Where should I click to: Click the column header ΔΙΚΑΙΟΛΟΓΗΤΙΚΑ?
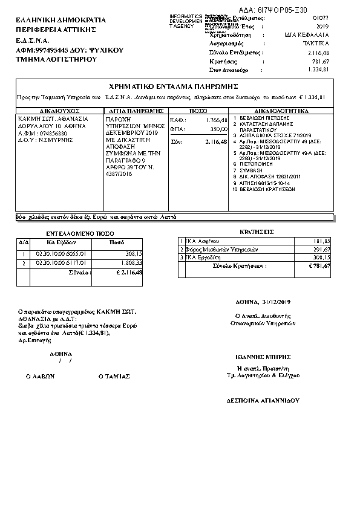pos(281,111)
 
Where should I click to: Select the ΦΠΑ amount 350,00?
pos(218,129)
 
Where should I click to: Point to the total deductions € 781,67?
pos(318,266)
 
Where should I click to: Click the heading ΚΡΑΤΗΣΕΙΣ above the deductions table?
pos(257,232)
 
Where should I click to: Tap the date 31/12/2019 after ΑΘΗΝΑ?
pos(277,302)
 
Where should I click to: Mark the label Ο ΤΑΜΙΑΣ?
pos(114,376)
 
